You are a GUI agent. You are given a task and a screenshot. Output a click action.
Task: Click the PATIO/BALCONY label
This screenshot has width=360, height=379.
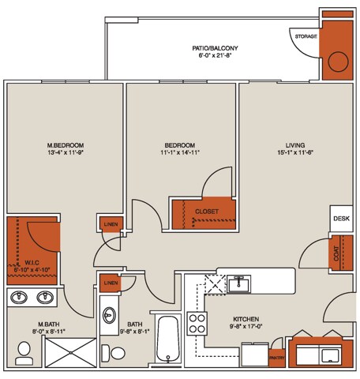point(215,49)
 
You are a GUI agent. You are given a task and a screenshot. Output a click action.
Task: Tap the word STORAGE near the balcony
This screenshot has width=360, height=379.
point(306,37)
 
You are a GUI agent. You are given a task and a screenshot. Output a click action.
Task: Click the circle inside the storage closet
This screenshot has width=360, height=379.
point(339,62)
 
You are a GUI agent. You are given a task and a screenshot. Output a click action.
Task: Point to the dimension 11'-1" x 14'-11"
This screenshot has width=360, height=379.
point(180,154)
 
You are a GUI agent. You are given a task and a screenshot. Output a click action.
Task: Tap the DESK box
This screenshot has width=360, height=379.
point(341,219)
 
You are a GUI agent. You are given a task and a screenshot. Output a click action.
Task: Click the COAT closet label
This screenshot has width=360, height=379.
point(339,252)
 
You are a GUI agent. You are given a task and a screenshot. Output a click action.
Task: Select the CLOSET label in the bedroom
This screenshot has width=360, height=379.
point(207,212)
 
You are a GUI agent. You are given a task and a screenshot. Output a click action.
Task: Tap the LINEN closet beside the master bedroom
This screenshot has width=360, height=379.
point(111,225)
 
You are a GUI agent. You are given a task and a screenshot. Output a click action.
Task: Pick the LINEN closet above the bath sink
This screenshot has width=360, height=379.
point(111,283)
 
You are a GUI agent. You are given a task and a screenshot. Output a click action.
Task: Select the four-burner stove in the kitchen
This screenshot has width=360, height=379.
point(197,324)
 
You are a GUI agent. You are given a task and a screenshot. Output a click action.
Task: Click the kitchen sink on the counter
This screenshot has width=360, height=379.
point(238,283)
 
